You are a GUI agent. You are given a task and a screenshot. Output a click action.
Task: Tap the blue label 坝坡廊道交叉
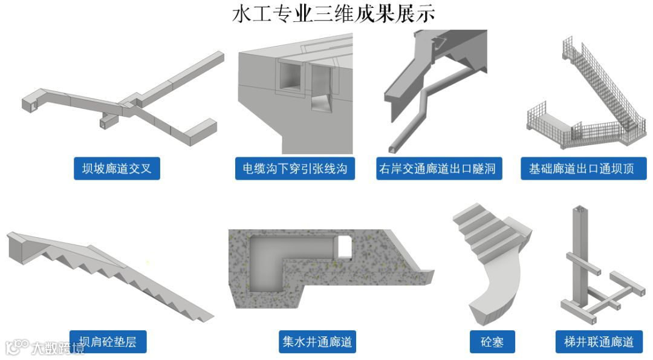(x=117, y=169)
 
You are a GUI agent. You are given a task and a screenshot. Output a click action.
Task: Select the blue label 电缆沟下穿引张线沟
(x=294, y=169)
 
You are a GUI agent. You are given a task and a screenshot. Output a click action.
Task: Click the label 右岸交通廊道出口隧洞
(x=437, y=169)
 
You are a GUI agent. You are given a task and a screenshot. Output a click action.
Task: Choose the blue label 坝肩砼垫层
(x=108, y=342)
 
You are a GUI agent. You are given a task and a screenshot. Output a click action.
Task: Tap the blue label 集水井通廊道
(x=317, y=342)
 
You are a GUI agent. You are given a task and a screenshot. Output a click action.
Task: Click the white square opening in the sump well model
(x=344, y=245)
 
